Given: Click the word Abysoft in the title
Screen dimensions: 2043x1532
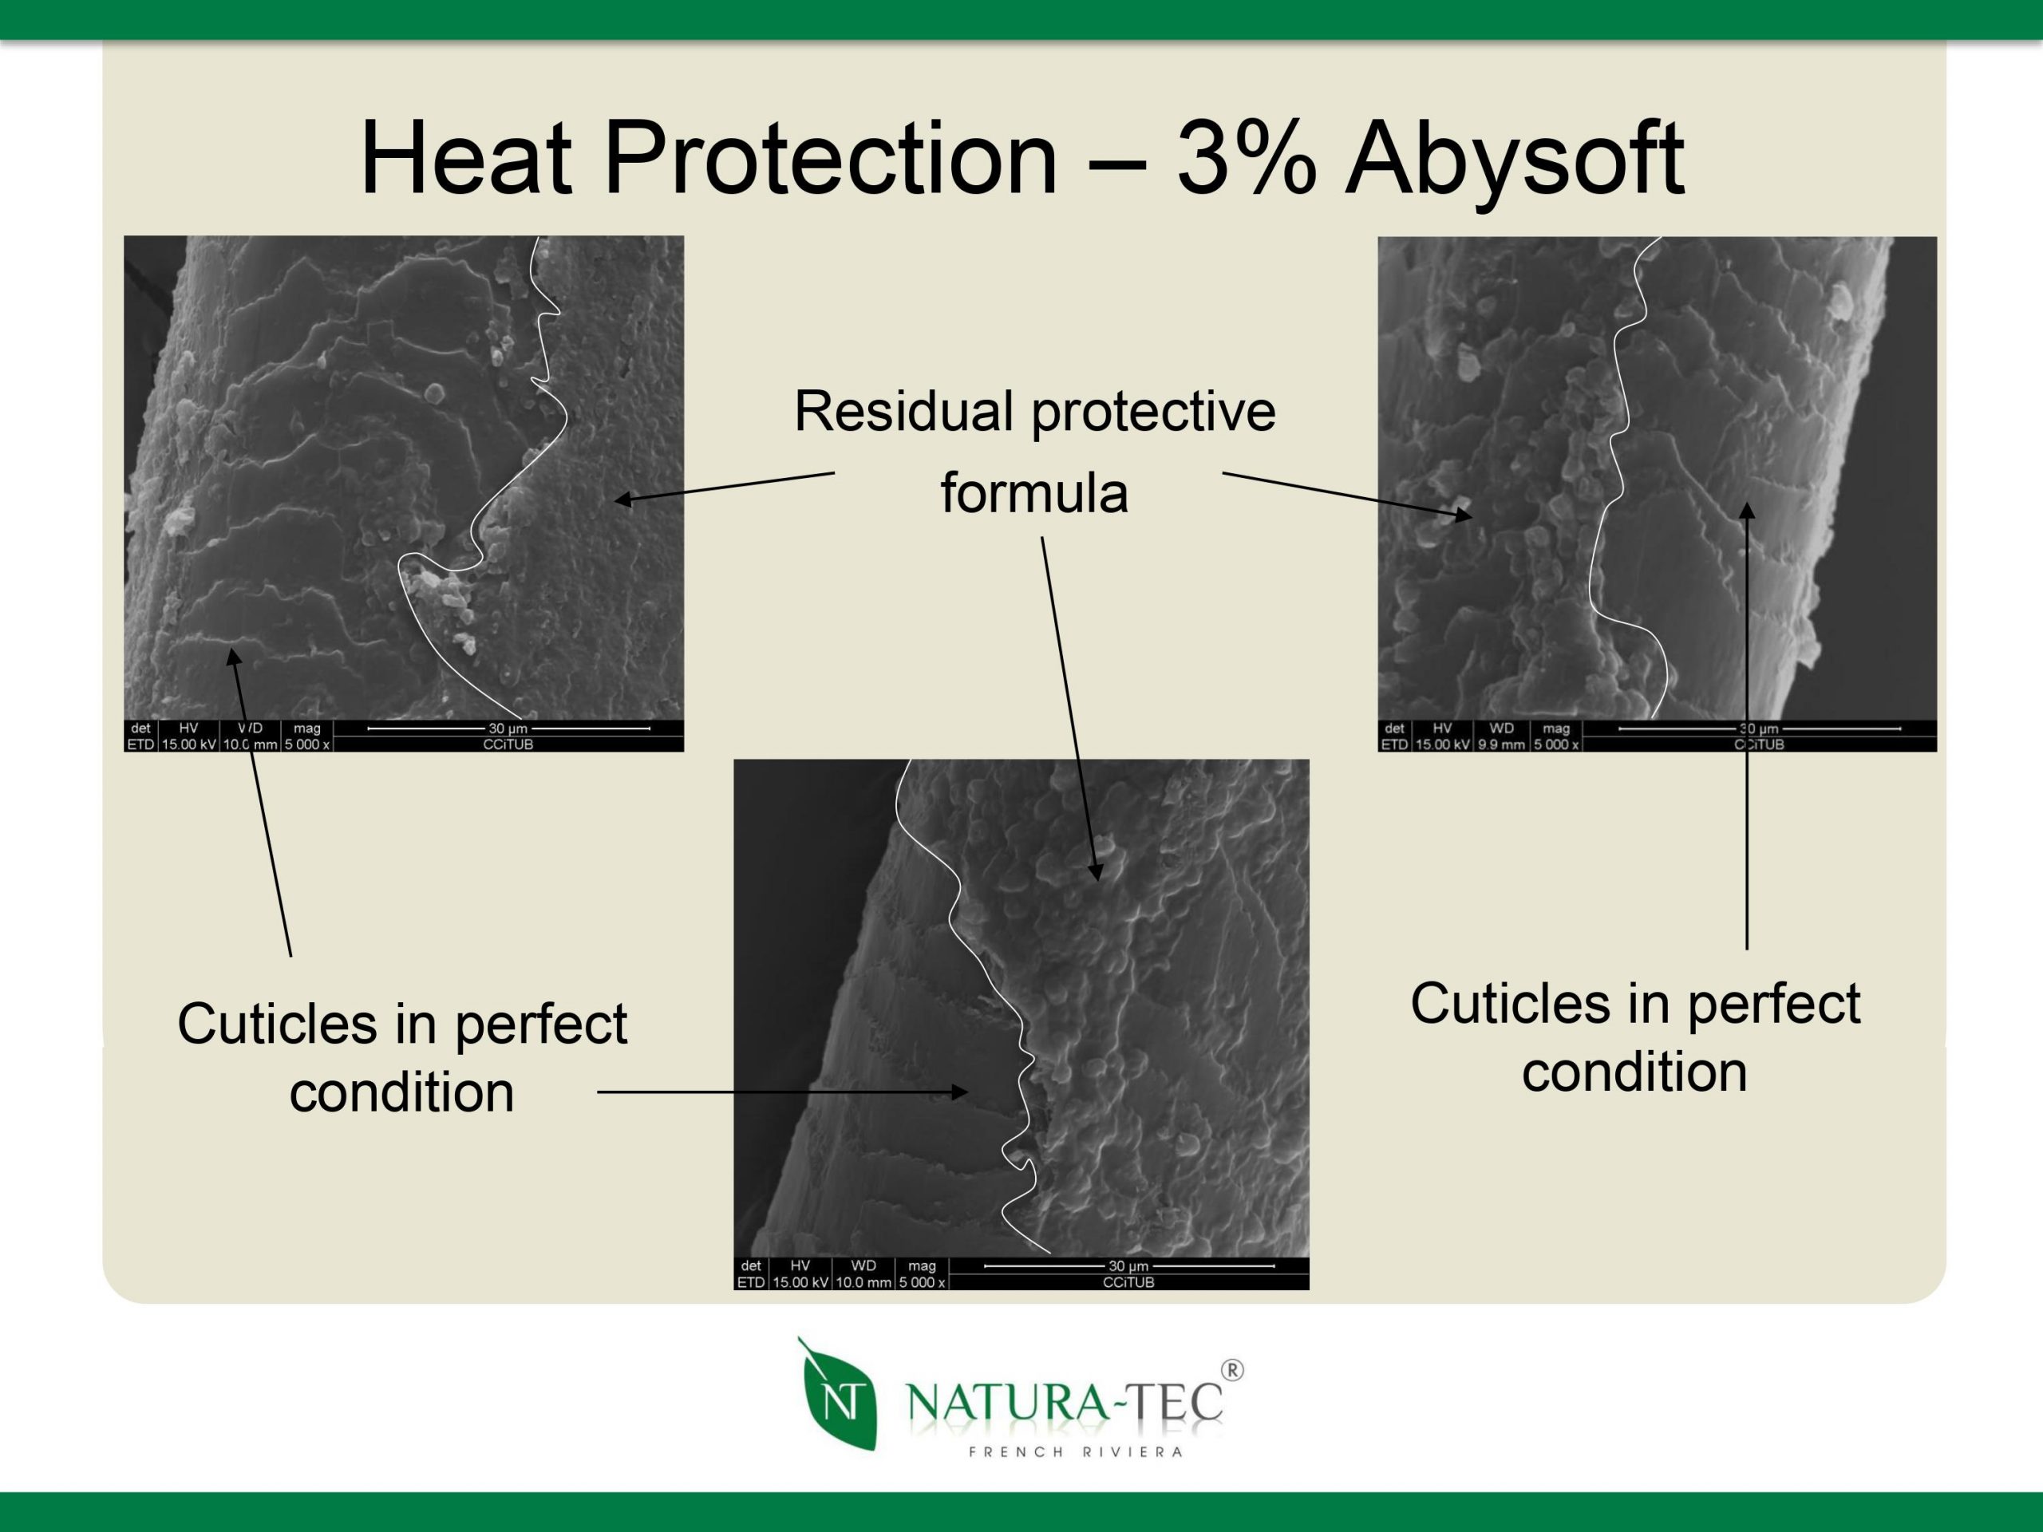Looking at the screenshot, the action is pos(1514,159).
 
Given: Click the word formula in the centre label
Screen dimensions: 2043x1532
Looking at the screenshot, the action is pos(1034,492).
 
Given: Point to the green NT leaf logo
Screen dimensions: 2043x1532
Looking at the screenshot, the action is pos(838,1395).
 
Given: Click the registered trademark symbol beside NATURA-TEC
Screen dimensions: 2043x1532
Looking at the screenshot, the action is pos(1232,1370).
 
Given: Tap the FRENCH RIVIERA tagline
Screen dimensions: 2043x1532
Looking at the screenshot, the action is pos(1076,1451).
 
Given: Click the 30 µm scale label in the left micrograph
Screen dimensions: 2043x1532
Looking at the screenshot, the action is pos(508,728).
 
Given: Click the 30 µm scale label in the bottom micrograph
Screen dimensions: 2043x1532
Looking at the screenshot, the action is pos(1128,1266).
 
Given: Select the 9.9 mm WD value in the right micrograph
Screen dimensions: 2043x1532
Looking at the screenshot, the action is pos(1501,744).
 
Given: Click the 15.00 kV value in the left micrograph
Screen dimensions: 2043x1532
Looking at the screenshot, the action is pos(188,744).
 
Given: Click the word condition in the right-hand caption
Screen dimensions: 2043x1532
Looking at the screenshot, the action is pos(1634,1072).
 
